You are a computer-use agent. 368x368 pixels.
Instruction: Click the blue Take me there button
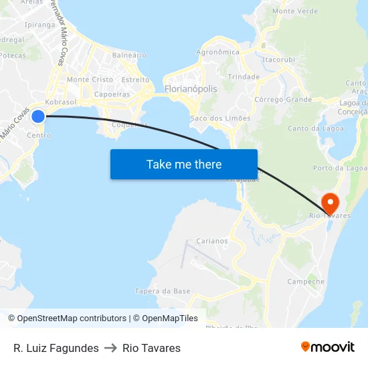(x=184, y=164)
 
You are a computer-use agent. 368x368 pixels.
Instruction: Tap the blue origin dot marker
(x=38, y=116)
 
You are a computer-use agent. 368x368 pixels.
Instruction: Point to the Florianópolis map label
(x=191, y=88)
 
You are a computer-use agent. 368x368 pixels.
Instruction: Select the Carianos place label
(x=212, y=241)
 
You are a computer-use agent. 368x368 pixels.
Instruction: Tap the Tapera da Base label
(x=163, y=291)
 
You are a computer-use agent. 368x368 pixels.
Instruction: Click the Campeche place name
(x=306, y=282)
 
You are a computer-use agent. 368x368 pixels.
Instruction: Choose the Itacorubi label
(x=280, y=60)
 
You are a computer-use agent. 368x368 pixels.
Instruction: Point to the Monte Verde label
(x=295, y=11)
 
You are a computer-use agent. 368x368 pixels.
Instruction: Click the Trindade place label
(x=244, y=77)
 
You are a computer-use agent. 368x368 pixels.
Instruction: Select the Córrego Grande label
(x=283, y=100)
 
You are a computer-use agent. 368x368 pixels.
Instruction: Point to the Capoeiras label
(x=112, y=94)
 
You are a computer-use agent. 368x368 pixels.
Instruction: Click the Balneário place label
(x=129, y=55)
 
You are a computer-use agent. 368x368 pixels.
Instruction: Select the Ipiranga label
(x=39, y=25)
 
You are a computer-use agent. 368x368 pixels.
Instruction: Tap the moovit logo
(x=327, y=347)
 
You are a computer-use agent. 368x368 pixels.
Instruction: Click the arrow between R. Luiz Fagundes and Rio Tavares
(x=110, y=348)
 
